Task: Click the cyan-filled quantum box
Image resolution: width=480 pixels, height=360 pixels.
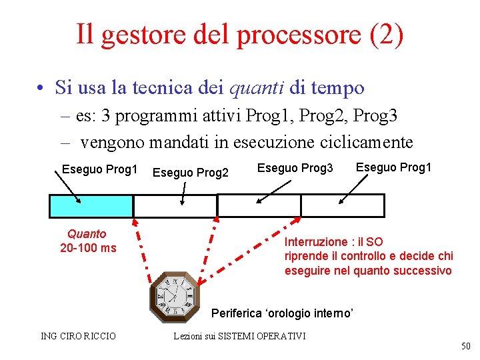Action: coord(91,206)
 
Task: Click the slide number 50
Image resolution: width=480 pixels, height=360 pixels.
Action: coord(465,346)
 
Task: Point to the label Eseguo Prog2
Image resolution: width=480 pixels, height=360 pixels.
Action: coord(191,173)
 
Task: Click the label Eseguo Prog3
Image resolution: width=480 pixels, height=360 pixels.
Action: coord(295,168)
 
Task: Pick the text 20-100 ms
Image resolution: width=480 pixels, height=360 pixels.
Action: coord(88,248)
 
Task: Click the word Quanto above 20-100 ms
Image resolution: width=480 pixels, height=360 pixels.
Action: coord(87,234)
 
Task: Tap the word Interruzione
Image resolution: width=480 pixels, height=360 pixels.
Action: coord(316,242)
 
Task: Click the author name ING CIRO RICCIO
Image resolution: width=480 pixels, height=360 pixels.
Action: coord(78,336)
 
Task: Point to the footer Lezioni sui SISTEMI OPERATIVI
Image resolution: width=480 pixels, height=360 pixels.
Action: coord(239,336)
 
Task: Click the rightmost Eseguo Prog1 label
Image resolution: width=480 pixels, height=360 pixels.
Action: coord(393,167)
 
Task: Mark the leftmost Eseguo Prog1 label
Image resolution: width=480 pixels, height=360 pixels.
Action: coord(99,169)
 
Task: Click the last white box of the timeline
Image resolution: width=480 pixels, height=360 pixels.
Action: coord(343,206)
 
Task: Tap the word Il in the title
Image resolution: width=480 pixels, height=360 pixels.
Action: coord(85,34)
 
